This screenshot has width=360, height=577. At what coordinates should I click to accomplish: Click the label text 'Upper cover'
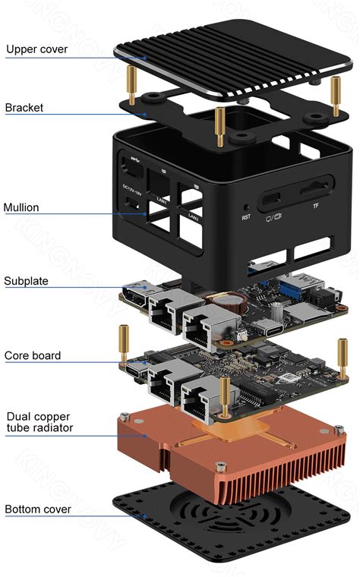click(36, 50)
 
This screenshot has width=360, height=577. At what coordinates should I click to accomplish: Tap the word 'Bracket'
click(24, 108)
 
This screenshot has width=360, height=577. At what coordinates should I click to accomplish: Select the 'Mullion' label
click(21, 207)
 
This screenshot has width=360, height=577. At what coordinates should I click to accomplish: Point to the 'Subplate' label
click(26, 281)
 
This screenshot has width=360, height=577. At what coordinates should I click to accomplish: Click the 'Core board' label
click(32, 355)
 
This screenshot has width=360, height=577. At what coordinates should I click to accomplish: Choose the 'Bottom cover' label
click(38, 509)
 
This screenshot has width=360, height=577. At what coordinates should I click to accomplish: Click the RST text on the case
click(246, 217)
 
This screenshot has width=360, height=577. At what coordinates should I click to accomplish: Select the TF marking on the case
click(315, 206)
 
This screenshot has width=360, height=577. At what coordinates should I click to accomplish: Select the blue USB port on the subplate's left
click(137, 288)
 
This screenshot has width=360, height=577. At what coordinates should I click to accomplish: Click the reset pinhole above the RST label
click(246, 206)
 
